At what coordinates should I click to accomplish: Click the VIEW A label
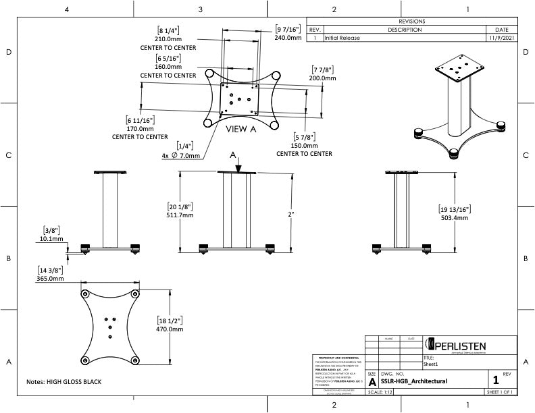[x=240, y=129]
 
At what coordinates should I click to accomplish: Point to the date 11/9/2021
[x=501, y=38]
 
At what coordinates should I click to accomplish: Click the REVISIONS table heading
[x=412, y=22]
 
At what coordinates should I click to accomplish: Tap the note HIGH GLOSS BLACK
[x=63, y=382]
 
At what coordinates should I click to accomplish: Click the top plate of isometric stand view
[x=460, y=67]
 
